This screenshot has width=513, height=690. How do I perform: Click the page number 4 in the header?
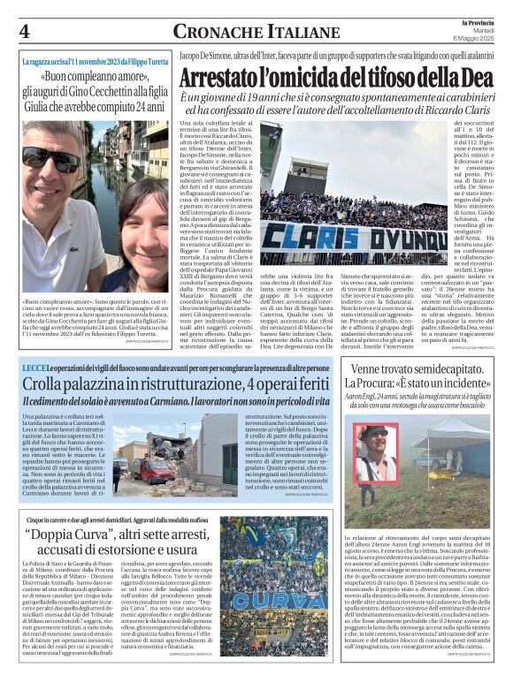(24, 30)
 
